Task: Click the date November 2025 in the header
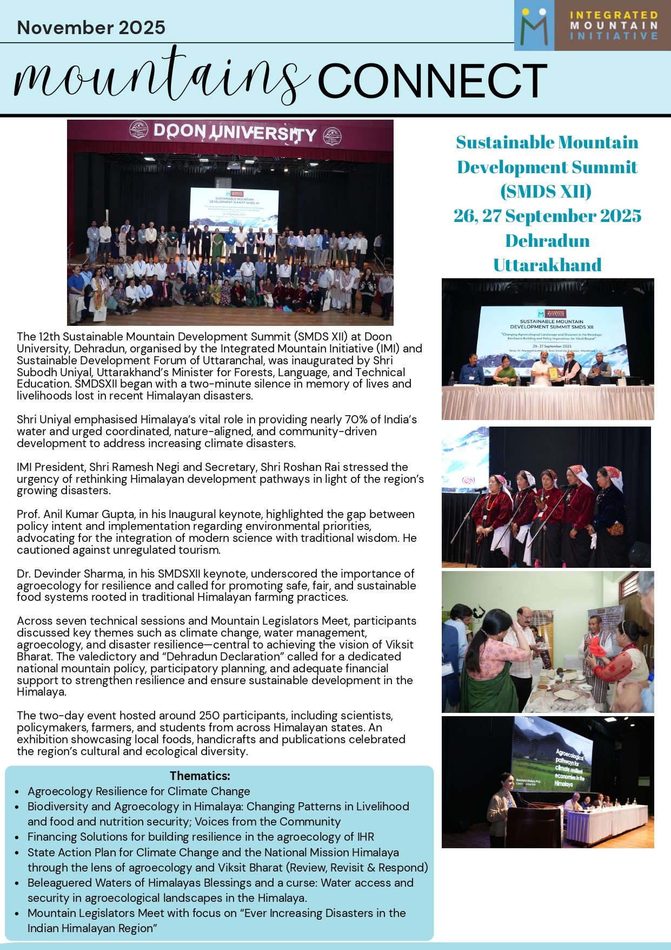(x=91, y=28)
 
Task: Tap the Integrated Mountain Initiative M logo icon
(x=534, y=26)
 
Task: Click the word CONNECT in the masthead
(x=432, y=81)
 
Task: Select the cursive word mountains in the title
(x=162, y=78)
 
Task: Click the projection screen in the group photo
(x=234, y=208)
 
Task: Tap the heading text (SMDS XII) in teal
(x=546, y=192)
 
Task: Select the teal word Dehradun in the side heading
(x=547, y=240)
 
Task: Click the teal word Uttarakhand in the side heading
(x=547, y=265)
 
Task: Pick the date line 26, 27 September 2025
(x=547, y=216)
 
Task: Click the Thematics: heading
(x=200, y=776)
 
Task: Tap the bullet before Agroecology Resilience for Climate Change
(x=17, y=792)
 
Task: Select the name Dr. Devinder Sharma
(x=70, y=574)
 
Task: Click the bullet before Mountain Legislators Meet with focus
(x=17, y=913)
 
